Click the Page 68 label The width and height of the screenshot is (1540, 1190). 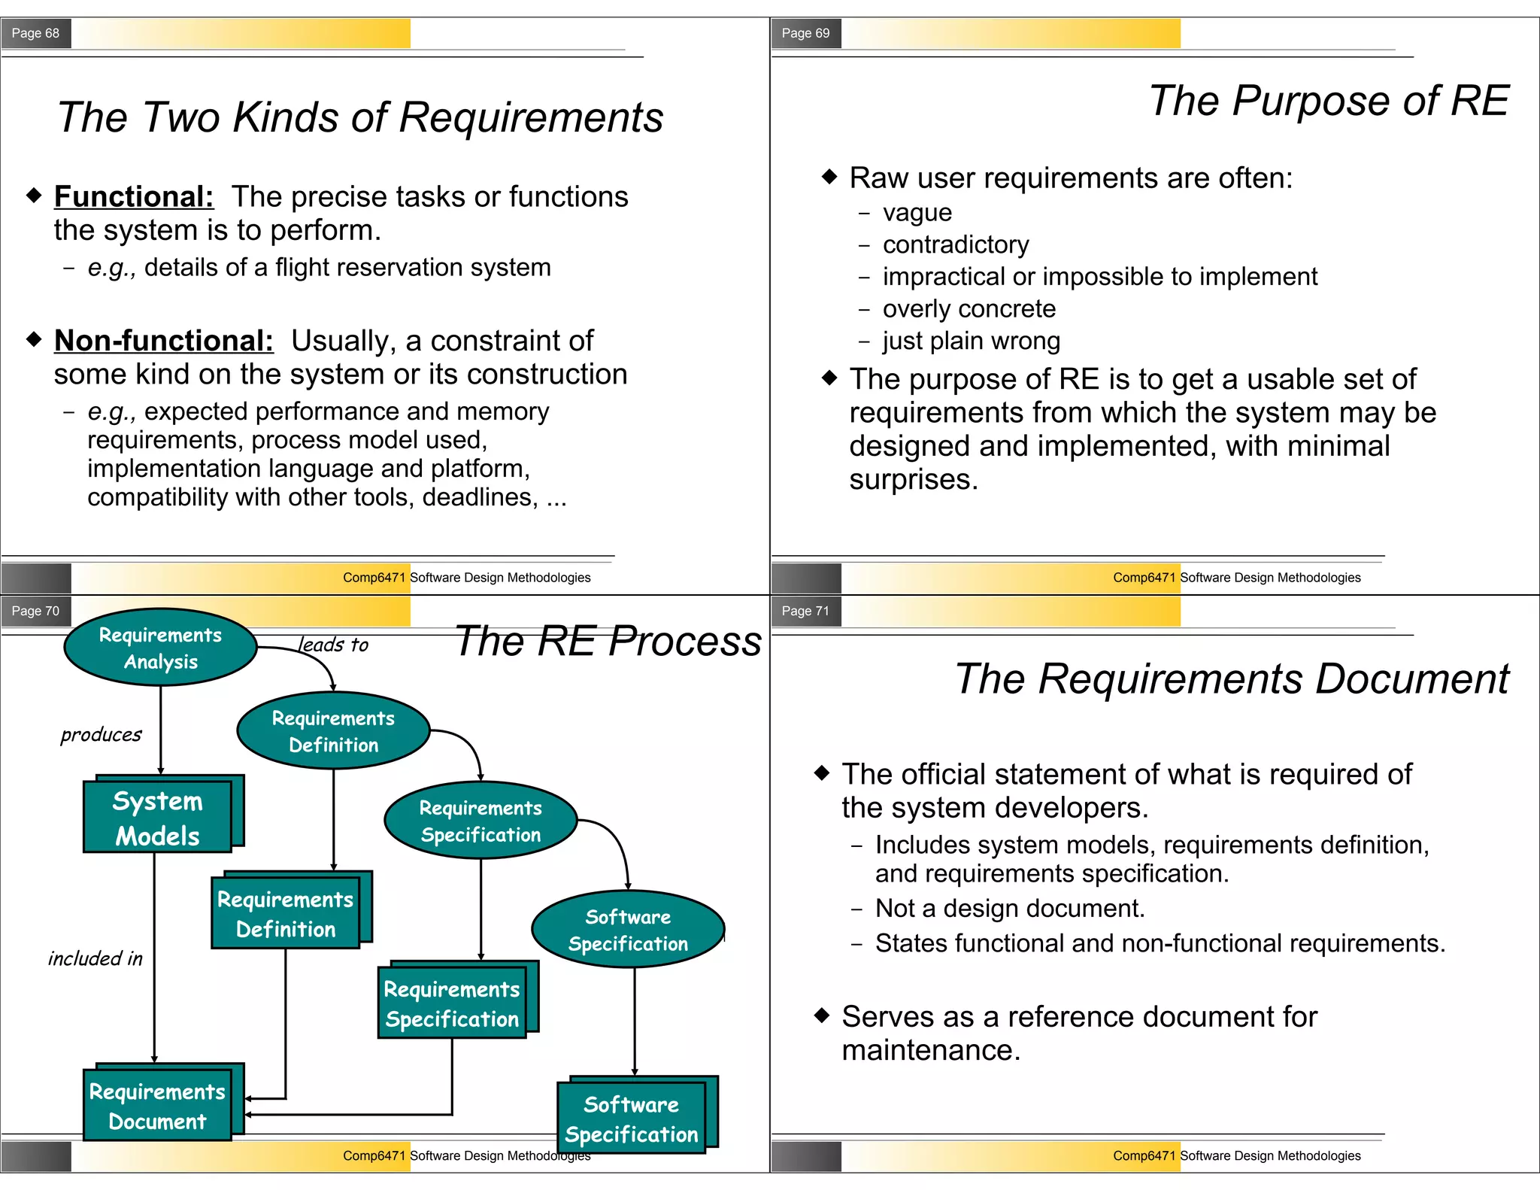35,33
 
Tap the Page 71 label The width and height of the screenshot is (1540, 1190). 805,611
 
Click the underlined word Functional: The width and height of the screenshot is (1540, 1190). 134,196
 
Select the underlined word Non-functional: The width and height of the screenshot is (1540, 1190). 164,341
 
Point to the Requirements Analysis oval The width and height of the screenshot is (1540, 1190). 160,648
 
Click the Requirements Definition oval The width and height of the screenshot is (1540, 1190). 333,731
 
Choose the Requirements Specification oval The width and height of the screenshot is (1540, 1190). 480,821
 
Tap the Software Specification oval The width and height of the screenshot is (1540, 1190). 628,930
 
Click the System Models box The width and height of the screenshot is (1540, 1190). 158,818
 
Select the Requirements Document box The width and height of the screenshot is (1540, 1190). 158,1106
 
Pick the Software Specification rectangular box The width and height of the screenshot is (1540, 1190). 632,1119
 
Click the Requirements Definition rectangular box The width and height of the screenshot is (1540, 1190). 286,914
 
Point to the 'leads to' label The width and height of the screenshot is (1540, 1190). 333,645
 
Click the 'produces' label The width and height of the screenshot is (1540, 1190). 101,734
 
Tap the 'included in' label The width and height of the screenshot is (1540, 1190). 95,958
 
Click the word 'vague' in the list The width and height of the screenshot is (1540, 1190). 917,213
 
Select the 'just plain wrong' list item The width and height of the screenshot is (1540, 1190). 972,342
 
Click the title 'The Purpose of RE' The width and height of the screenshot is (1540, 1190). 1329,101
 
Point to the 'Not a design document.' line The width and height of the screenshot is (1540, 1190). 1010,909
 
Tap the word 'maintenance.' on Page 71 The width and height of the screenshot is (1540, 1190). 931,1050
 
